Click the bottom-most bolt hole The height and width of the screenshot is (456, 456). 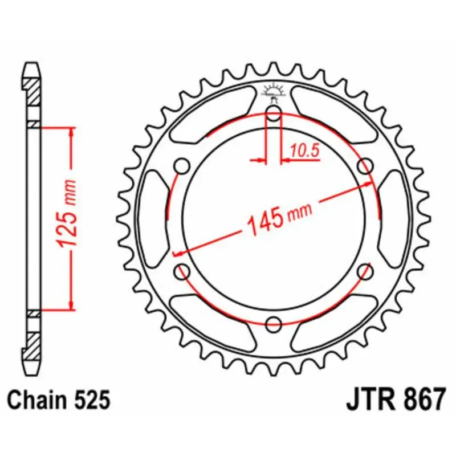274,324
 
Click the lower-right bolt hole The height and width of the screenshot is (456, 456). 364,272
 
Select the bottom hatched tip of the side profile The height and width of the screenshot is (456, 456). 33,345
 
